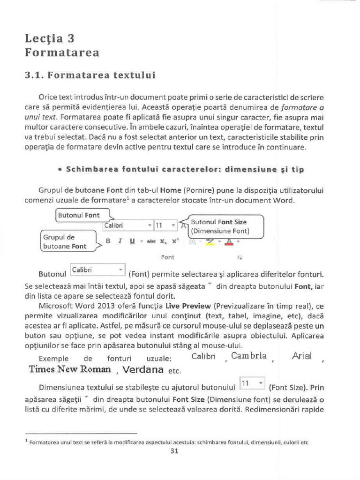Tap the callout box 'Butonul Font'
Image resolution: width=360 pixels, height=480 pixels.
79,215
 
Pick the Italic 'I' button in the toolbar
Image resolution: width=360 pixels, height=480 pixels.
120,241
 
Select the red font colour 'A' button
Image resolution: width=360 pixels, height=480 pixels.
229,241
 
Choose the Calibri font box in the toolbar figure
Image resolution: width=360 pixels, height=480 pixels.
127,225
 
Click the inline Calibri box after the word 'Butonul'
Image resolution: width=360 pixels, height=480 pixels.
97,270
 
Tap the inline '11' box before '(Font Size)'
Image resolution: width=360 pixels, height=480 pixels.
252,383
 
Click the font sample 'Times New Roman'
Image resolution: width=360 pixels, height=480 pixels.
70,369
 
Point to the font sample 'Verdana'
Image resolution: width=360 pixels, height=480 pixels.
142,370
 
